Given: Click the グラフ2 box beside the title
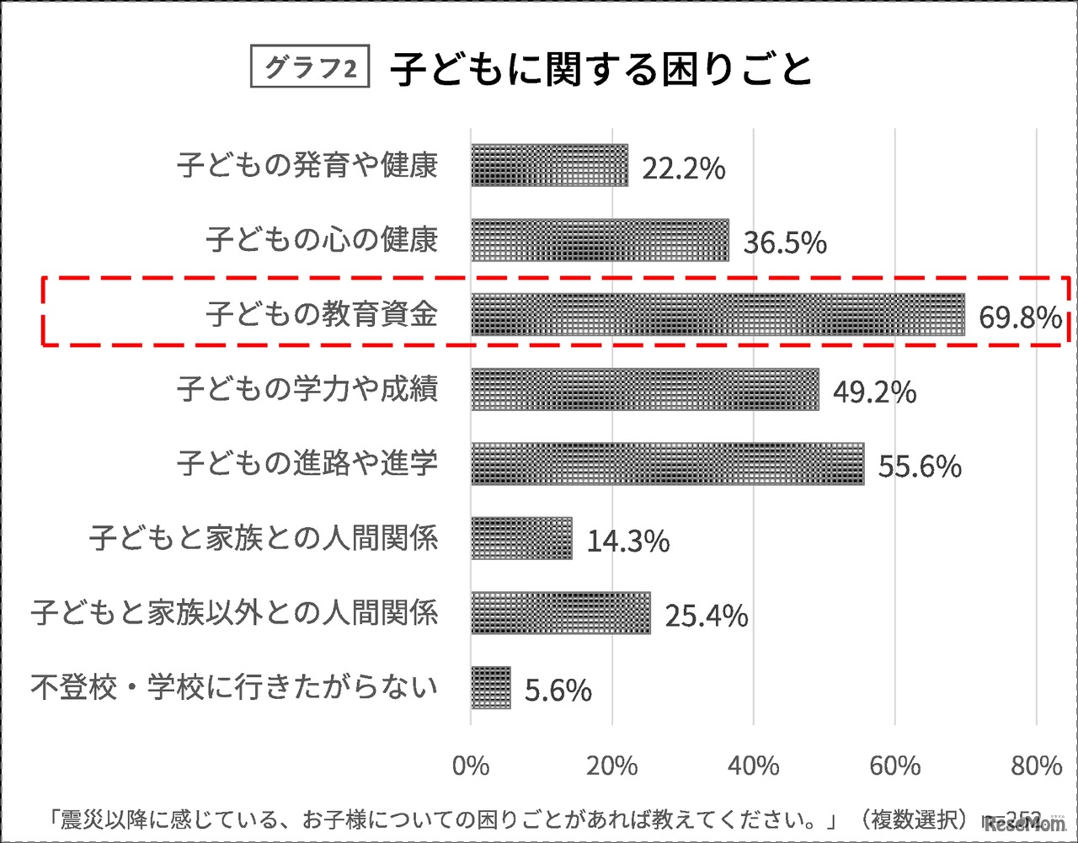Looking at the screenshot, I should [x=310, y=68].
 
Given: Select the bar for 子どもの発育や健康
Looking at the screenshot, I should [x=549, y=165].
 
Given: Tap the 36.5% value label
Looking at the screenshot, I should [x=784, y=243].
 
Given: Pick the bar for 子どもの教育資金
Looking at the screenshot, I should [x=718, y=314].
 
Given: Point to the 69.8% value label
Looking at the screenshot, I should [x=1019, y=317].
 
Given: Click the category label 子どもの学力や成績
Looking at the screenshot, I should [x=307, y=389].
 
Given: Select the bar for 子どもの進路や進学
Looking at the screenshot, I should [x=667, y=463].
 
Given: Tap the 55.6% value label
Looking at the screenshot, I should [x=920, y=467].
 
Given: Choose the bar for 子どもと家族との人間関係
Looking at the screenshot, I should [x=521, y=538].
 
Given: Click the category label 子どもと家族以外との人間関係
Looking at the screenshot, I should [x=234, y=612].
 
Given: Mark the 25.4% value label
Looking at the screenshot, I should [x=706, y=616].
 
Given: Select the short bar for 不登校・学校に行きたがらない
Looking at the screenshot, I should [x=490, y=687].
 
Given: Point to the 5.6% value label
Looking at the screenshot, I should [x=558, y=691].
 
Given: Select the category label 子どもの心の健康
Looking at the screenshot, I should [x=322, y=240].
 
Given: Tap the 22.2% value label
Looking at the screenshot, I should [x=683, y=168].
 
